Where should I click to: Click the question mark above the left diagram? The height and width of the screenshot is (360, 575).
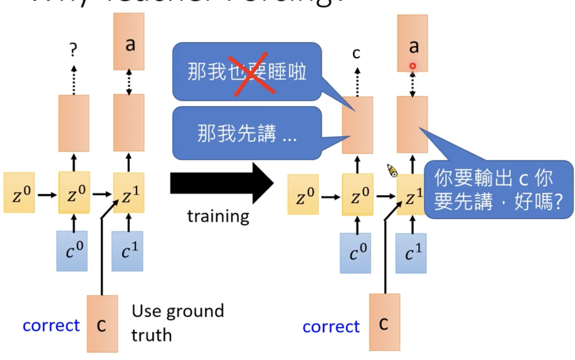pyautogui.click(x=73, y=50)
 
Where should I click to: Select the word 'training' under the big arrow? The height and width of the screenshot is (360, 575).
pyautogui.click(x=218, y=216)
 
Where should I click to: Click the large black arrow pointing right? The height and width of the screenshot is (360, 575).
pyautogui.click(x=221, y=183)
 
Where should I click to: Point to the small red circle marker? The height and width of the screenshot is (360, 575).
pyautogui.click(x=413, y=66)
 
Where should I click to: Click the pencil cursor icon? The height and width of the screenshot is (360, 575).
pyautogui.click(x=392, y=170)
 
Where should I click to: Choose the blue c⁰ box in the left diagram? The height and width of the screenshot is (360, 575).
pyautogui.click(x=72, y=251)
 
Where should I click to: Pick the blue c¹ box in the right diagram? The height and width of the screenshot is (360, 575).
pyautogui.click(x=411, y=253)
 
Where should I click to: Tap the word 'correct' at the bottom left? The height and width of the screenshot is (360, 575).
pyautogui.click(x=51, y=325)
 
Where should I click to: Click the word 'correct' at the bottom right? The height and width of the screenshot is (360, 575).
pyautogui.click(x=331, y=326)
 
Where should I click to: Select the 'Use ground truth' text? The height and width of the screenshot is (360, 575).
pyautogui.click(x=178, y=322)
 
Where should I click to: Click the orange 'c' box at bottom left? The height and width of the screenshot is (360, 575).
pyautogui.click(x=102, y=323)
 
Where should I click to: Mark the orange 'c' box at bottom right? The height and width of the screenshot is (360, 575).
pyautogui.click(x=384, y=322)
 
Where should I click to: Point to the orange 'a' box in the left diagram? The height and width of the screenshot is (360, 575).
pyautogui.click(x=129, y=42)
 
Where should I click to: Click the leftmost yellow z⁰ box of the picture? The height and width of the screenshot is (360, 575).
pyautogui.click(x=19, y=192)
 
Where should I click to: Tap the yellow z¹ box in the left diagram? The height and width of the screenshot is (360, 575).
pyautogui.click(x=129, y=193)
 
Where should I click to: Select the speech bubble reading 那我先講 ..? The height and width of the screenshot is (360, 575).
pyautogui.click(x=247, y=133)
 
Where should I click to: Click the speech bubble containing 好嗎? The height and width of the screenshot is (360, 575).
pyautogui.click(x=498, y=189)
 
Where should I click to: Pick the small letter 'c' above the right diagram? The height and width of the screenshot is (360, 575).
pyautogui.click(x=356, y=53)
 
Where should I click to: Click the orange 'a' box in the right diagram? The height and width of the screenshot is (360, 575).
pyautogui.click(x=412, y=43)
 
